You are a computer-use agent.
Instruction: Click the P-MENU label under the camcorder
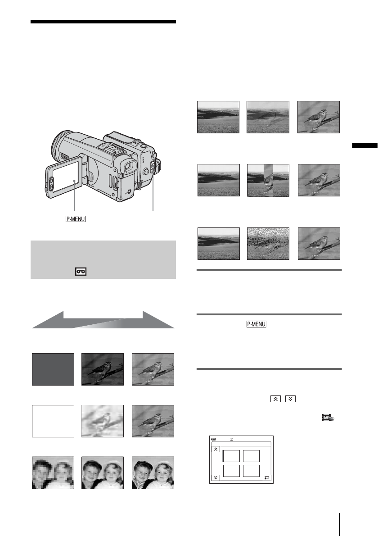point(76,219)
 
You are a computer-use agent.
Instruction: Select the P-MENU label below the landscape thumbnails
point(256,324)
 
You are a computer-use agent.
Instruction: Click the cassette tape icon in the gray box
point(81,272)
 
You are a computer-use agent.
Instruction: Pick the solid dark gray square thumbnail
point(53,369)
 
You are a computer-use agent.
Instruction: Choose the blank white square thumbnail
point(53,421)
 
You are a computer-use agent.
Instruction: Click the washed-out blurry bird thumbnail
point(103,421)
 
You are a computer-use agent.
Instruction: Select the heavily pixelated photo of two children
point(53,473)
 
